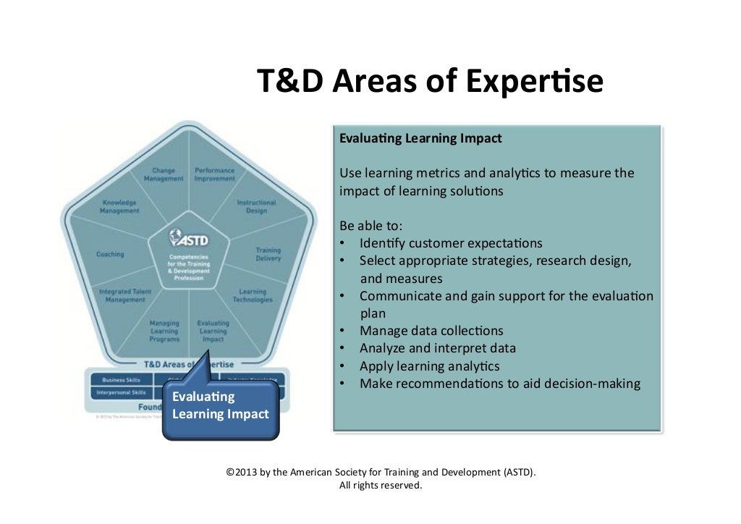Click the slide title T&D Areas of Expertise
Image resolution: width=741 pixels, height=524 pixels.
430,82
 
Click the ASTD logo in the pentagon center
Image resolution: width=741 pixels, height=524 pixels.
189,238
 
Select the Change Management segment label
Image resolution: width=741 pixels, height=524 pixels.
164,175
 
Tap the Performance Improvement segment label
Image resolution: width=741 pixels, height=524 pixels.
214,175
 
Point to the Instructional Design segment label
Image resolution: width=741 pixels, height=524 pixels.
256,207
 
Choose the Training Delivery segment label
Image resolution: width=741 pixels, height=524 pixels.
268,254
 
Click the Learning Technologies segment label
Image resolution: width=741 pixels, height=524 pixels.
253,296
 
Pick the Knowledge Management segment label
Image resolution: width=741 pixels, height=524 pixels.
119,207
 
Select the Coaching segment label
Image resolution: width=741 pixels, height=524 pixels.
110,254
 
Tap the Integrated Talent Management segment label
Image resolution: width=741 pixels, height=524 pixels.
124,296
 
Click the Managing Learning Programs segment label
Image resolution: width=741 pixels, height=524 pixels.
164,331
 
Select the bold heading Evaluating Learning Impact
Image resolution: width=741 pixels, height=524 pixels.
420,138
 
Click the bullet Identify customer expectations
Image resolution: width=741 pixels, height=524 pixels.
450,243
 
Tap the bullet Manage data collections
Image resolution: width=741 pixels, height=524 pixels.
431,331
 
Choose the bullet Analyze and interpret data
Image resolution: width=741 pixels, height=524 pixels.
437,348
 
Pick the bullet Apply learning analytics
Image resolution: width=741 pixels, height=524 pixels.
429,365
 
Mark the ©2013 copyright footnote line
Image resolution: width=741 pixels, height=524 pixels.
381,473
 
